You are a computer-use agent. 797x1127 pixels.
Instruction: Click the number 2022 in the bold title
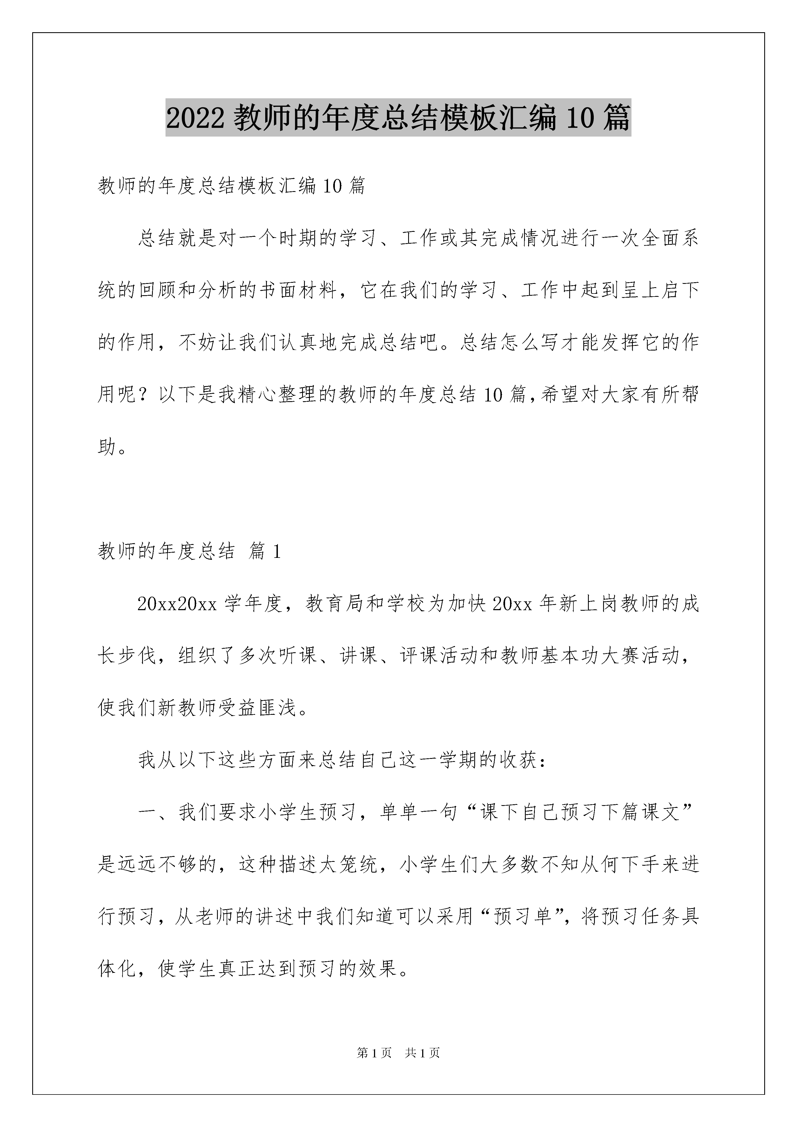[x=196, y=119]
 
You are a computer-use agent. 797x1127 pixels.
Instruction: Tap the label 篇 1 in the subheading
[x=265, y=552]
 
